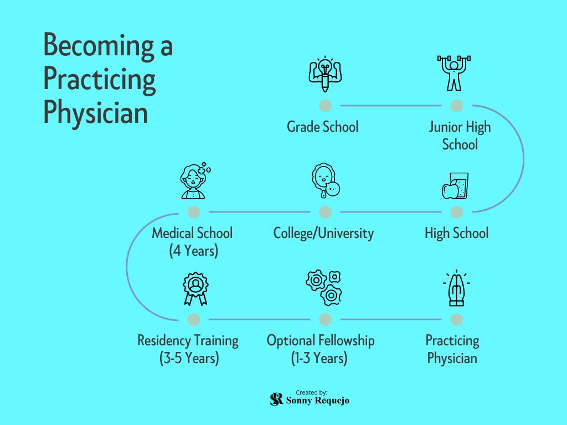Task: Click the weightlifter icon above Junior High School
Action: [x=454, y=73]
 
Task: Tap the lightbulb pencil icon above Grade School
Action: [x=325, y=74]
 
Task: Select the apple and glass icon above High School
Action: [x=455, y=186]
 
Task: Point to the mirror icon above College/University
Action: [x=326, y=180]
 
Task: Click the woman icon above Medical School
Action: [x=195, y=180]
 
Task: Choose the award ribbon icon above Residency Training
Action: [x=195, y=289]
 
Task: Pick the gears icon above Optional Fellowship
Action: [x=324, y=288]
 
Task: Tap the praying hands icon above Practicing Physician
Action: [x=456, y=288]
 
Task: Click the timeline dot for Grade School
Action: [x=325, y=106]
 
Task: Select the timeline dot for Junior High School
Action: [x=457, y=106]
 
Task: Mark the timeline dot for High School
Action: [x=457, y=212]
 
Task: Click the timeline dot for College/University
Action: [x=325, y=212]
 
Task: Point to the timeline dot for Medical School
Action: [x=194, y=212]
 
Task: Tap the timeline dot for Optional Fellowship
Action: [x=325, y=319]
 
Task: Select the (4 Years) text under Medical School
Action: [x=194, y=251]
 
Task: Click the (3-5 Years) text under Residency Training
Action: [x=189, y=358]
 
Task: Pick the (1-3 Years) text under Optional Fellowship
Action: [x=319, y=358]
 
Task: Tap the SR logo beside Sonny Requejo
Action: [x=277, y=399]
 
